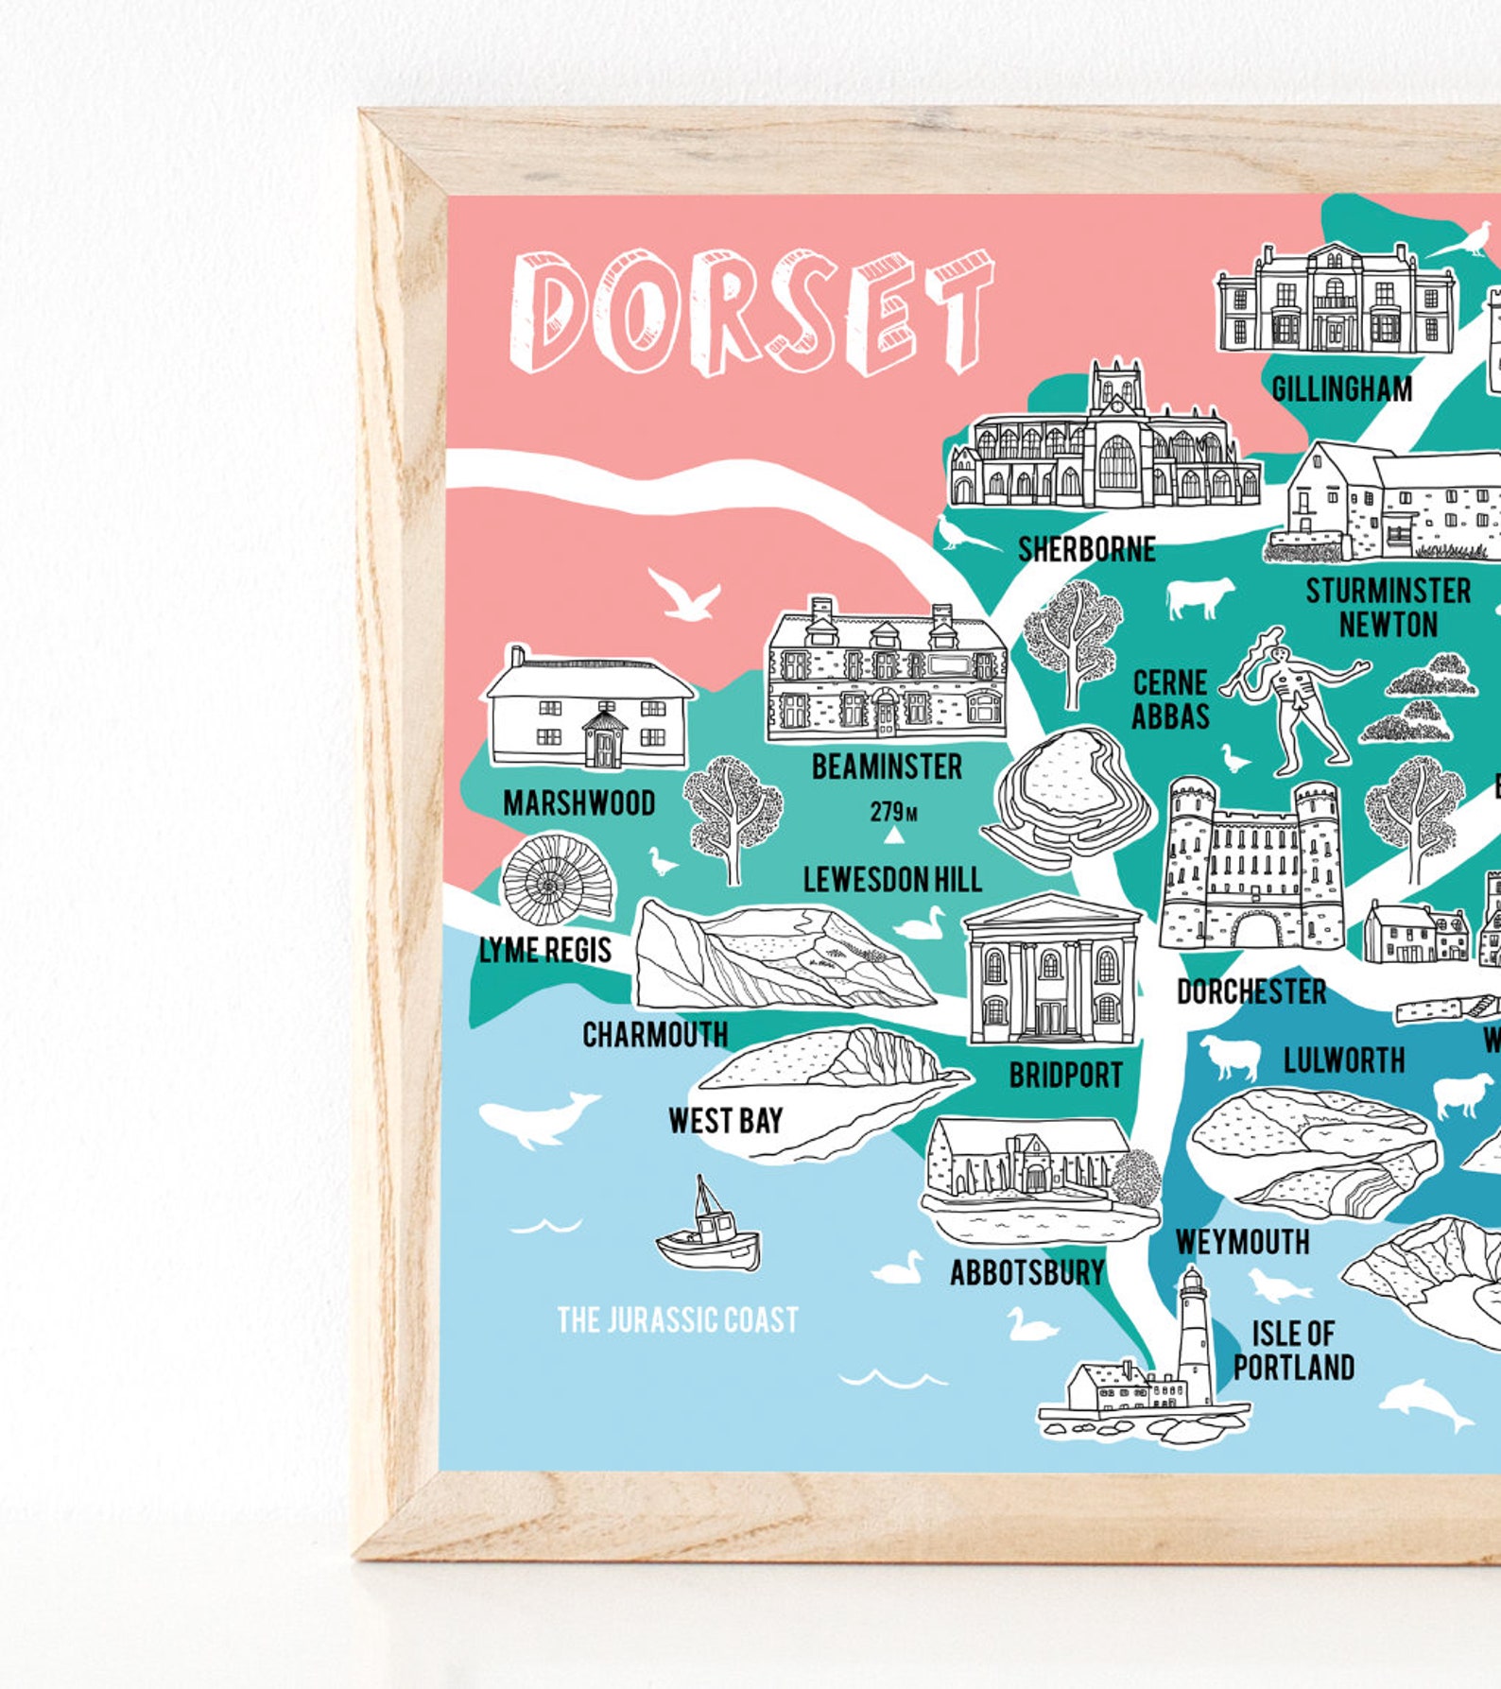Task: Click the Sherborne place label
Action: coord(1086,549)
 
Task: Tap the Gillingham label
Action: coord(1341,388)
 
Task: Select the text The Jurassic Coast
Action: coord(678,1319)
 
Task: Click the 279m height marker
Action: coord(892,812)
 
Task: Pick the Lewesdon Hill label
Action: coord(892,880)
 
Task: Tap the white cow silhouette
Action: coord(1199,598)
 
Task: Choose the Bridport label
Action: coord(1065,1075)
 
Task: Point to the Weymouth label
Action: coord(1242,1242)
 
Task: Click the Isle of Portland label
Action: coord(1293,1351)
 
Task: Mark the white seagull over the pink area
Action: coord(682,595)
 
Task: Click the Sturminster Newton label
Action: coord(1388,608)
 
